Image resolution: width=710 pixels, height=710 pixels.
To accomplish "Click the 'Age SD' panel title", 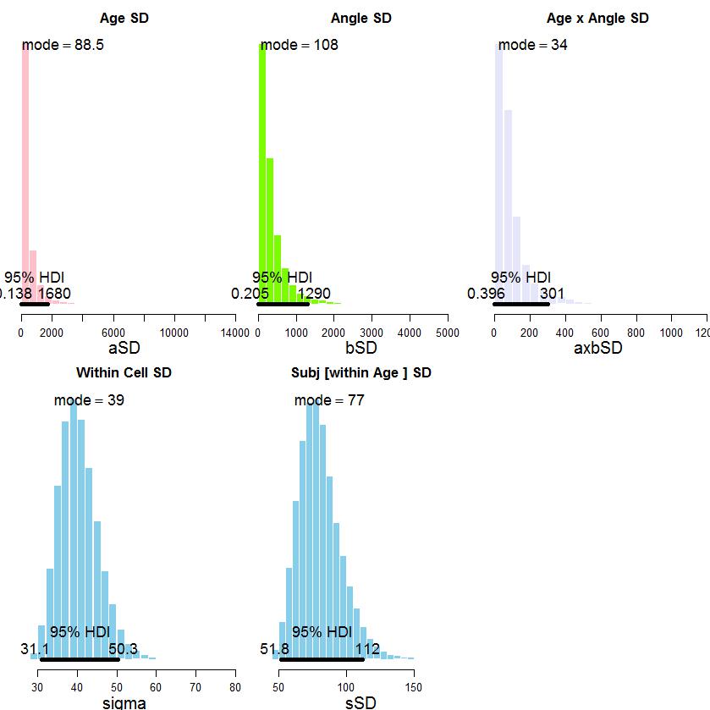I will tap(124, 18).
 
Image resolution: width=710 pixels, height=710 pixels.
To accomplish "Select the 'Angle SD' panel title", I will tap(361, 18).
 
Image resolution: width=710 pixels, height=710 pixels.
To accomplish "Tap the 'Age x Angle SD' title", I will tap(597, 18).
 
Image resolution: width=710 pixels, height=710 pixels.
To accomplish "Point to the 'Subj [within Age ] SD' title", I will tap(361, 372).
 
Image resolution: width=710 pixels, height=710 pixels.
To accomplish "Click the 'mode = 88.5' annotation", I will tap(63, 45).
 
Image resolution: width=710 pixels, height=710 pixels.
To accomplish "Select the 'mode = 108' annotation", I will tap(299, 45).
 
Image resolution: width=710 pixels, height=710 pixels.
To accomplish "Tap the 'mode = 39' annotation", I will tap(89, 400).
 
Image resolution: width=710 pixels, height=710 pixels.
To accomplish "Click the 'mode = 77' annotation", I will tap(329, 400).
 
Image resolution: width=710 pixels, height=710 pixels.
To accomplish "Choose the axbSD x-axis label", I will tap(597, 348).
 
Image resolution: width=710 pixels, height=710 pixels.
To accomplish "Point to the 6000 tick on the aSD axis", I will tap(113, 333).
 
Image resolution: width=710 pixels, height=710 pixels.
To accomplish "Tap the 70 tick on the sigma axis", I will tap(195, 687).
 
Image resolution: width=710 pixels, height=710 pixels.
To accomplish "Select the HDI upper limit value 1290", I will tap(313, 294).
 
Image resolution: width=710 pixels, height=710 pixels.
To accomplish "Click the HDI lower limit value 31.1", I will tap(35, 649).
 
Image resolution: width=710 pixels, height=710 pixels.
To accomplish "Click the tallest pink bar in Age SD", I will tap(25, 169).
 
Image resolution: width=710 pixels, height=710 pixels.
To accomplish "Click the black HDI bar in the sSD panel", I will tap(328, 659).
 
